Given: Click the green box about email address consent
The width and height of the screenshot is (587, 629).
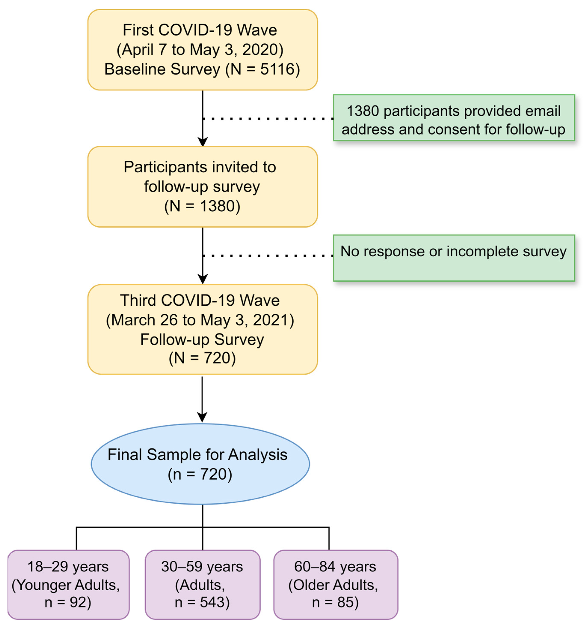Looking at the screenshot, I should coord(454,118).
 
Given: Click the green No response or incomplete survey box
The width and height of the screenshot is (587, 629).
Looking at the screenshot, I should coord(454,258).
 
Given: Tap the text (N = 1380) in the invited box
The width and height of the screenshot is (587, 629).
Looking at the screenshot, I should coord(202,206).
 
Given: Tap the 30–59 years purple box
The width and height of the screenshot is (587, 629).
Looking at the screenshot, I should coord(203,584).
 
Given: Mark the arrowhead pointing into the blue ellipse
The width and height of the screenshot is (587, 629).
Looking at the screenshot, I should coord(202,417).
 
